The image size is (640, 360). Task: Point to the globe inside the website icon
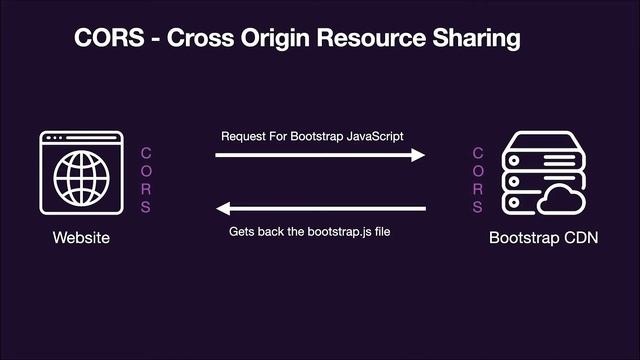pyautogui.click(x=82, y=179)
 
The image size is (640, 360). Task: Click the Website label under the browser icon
pyautogui.click(x=81, y=238)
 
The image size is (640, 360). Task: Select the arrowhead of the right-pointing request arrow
pyautogui.click(x=419, y=155)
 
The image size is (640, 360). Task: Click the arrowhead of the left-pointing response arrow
pyautogui.click(x=224, y=209)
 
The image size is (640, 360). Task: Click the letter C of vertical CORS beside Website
pyautogui.click(x=146, y=153)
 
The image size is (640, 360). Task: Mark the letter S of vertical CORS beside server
pyautogui.click(x=478, y=207)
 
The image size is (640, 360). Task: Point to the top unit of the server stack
pyautogui.click(x=536, y=143)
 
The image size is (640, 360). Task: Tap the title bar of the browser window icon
pyautogui.click(x=82, y=137)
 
